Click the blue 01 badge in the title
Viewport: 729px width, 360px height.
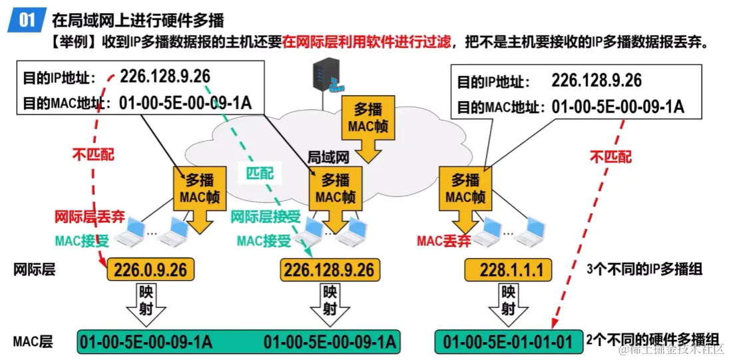pos(27,19)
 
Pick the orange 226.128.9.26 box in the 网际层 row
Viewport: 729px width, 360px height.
pos(329,270)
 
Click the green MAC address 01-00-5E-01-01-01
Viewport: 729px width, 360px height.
pos(507,342)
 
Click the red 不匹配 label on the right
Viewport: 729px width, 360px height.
pos(610,157)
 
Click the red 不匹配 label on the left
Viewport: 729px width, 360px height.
pos(93,154)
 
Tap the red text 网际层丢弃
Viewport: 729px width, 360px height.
pos(87,217)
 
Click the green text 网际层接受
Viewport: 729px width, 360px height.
pos(266,217)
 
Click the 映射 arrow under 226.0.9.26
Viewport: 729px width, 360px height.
pos(148,303)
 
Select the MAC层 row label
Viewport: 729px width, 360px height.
pos(33,342)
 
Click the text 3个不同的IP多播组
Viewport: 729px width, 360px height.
pos(643,270)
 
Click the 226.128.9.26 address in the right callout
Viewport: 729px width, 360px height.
pos(597,81)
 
